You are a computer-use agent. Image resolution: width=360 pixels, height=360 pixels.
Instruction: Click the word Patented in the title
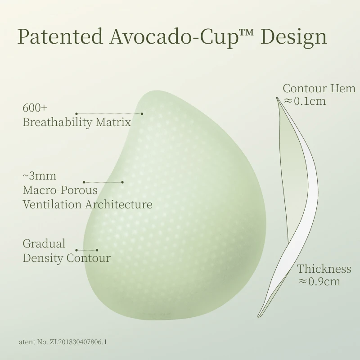60,36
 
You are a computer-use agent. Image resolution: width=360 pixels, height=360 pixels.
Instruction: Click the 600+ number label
35,108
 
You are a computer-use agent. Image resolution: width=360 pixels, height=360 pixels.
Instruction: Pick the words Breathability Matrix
77,122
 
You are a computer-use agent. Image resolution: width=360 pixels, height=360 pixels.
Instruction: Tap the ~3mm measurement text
39,176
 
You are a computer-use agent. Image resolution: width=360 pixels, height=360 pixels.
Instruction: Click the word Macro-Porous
60,190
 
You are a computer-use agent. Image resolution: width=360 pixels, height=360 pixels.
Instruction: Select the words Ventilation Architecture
87,204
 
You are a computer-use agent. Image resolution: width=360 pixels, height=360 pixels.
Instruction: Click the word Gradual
44,243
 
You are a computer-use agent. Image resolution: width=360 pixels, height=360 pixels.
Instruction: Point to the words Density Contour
67,258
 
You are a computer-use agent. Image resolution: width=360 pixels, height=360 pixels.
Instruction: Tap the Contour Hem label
319,88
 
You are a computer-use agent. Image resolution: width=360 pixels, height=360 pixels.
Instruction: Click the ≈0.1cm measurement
305,101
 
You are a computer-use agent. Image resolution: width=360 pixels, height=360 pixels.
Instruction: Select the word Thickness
324,269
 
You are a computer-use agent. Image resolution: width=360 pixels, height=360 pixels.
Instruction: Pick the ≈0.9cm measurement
319,282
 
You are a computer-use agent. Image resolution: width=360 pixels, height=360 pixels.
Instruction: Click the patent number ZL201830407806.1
78,342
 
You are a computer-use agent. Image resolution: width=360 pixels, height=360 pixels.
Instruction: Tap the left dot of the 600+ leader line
76,114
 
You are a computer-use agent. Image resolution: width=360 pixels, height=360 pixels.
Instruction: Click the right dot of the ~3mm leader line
122,182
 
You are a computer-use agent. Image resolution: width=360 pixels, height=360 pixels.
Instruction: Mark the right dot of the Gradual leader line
97,250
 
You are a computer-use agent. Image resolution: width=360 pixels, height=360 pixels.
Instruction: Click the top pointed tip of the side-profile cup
277,97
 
